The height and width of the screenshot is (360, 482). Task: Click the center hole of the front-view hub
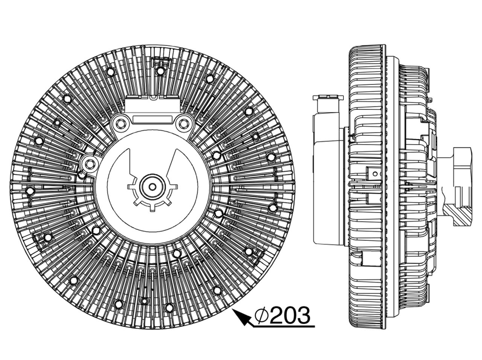[152, 187]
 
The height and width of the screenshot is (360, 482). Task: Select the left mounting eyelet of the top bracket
[120, 124]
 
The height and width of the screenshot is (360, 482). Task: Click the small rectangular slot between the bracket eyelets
[152, 119]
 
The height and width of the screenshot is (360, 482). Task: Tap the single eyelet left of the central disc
[90, 164]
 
